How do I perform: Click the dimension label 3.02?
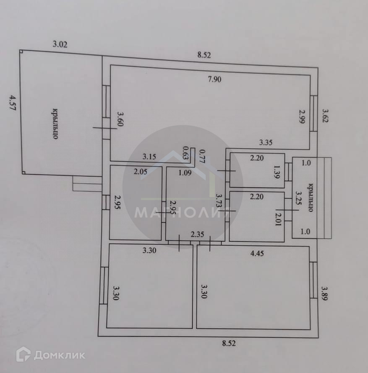60,44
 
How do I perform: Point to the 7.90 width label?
214,80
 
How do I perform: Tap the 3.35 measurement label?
266,142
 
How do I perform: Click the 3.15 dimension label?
149,157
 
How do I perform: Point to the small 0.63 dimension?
185,153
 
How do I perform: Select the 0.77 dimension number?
201,156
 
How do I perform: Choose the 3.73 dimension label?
218,201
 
